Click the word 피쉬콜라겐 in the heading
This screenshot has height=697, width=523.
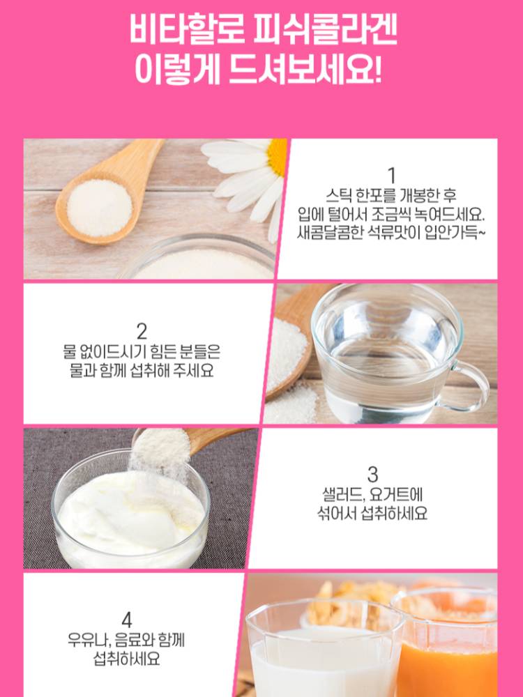[x=324, y=30]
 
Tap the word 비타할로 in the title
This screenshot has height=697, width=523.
[x=186, y=30]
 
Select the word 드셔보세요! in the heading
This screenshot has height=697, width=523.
[x=305, y=70]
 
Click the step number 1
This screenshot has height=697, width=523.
[x=391, y=176]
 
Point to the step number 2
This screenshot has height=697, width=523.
[x=142, y=332]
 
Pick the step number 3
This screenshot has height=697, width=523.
[x=372, y=474]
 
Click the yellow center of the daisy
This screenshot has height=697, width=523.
[x=278, y=156]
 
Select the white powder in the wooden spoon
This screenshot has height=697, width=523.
[x=100, y=208]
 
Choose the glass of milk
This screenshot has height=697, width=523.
[x=325, y=649]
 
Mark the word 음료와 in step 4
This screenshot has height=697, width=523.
[x=135, y=641]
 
